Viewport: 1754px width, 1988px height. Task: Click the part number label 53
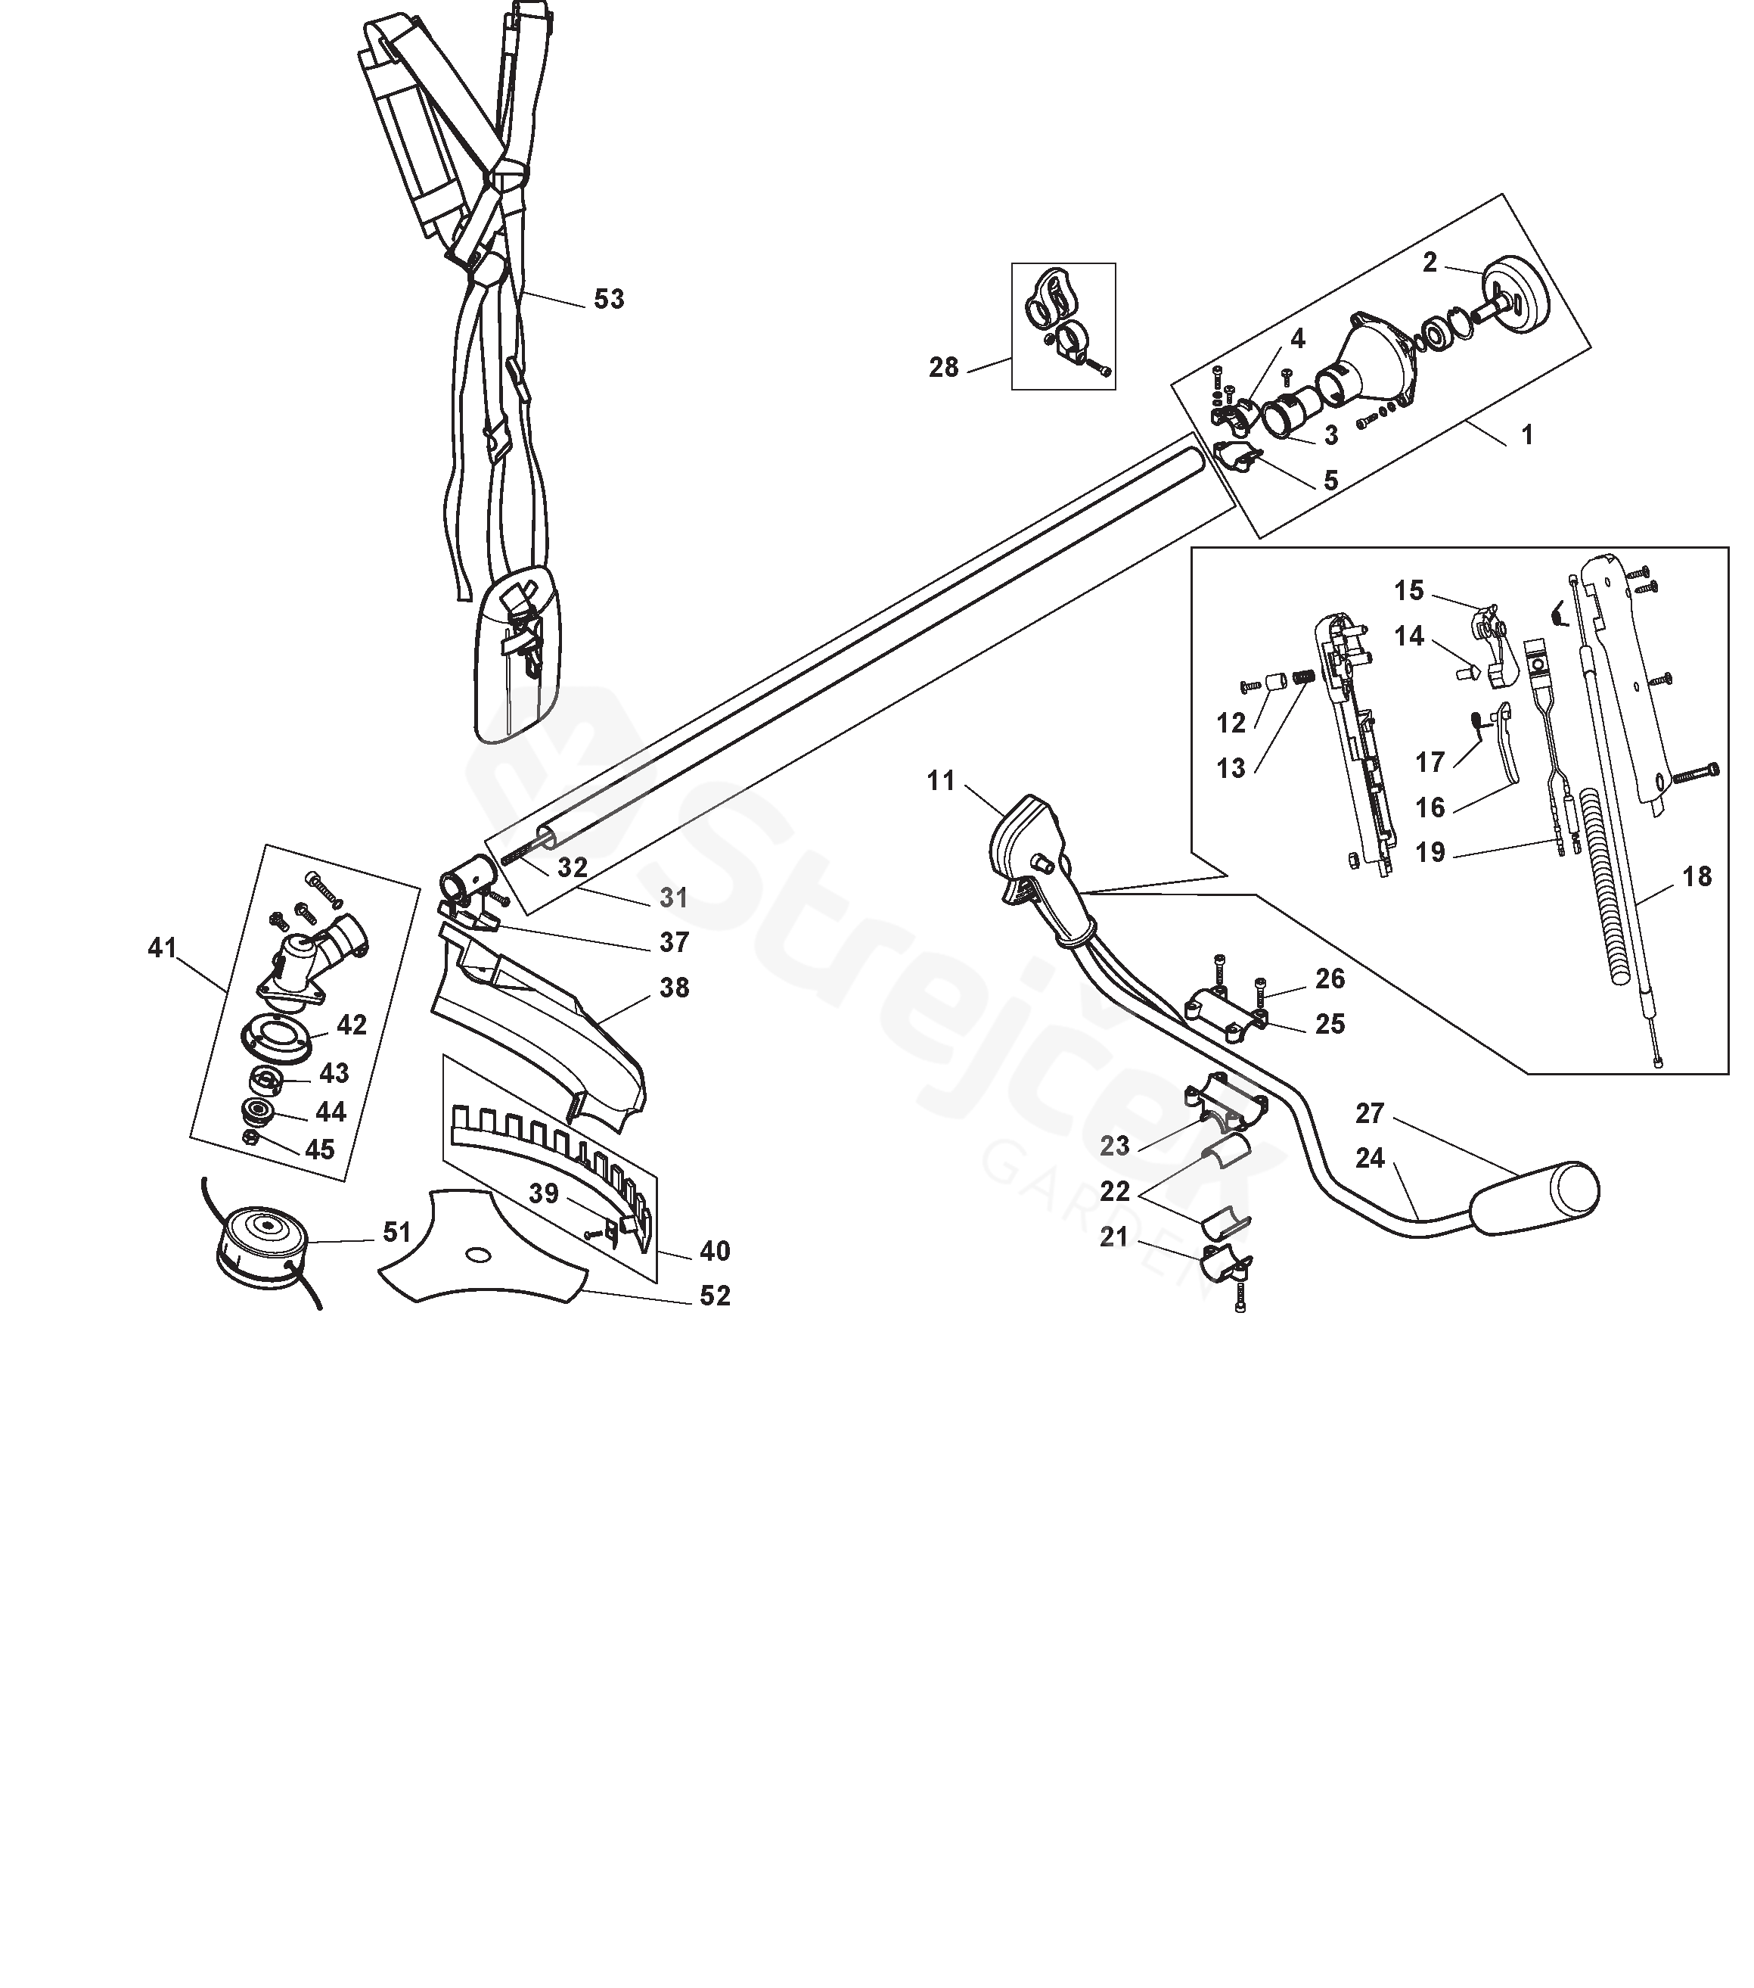pos(609,300)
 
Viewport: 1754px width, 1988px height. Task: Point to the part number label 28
pos(943,368)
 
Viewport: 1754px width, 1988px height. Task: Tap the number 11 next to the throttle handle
pos(941,781)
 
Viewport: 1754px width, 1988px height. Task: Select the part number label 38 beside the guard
pos(674,988)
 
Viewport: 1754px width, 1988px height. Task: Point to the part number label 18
pos(1697,876)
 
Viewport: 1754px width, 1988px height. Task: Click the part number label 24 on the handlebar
pos(1370,1159)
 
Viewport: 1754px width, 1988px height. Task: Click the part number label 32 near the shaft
pos(573,867)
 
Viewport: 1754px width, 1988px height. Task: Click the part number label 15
pos(1409,590)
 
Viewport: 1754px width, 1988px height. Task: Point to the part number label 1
pos(1526,434)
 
